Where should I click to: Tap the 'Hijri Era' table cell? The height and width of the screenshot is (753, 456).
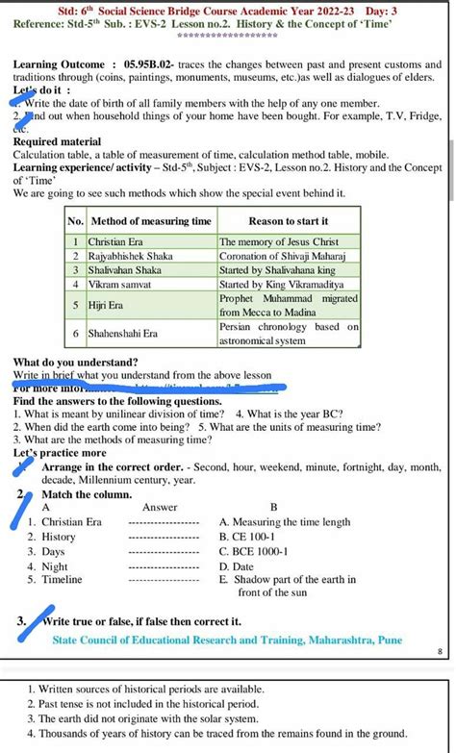coord(112,305)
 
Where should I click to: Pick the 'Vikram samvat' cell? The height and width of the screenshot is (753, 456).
coord(119,285)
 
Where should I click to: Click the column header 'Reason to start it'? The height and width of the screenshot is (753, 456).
coord(289,221)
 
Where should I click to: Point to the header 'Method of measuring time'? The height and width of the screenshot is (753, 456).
coord(150,221)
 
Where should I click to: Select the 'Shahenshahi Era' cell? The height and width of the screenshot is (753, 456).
coord(123,333)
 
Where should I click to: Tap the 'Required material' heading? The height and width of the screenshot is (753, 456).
coord(56,141)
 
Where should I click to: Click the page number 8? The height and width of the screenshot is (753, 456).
coord(440,651)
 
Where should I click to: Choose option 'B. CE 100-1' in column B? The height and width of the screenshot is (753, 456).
coord(247,537)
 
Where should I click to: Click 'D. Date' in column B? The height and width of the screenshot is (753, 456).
coord(237,566)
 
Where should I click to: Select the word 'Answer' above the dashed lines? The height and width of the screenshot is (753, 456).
coord(160,507)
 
